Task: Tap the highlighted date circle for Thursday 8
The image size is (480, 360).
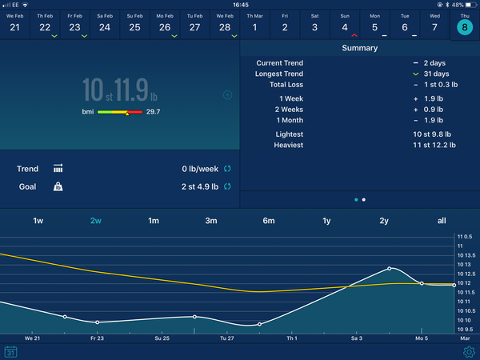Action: point(464,27)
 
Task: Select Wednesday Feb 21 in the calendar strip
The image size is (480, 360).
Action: point(15,22)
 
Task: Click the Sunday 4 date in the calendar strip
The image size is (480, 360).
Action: point(344,22)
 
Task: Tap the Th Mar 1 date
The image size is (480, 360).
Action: point(254,22)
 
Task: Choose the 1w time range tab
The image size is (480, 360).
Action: point(38,221)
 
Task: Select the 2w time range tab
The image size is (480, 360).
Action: point(96,221)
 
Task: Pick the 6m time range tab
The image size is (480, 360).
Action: point(269,221)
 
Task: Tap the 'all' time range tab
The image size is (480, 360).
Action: point(442,221)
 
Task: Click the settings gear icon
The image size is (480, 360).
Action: point(469,351)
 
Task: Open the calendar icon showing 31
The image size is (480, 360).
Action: point(11,351)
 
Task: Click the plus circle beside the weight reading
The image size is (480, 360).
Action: point(227,95)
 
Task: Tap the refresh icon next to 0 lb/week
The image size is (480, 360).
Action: point(227,169)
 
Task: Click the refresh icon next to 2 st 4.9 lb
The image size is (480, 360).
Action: point(227,186)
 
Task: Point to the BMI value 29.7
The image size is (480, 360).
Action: point(153,112)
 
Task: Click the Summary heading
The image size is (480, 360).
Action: point(360,48)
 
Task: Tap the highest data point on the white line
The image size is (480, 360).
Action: point(390,268)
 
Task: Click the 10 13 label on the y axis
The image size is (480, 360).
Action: point(466,264)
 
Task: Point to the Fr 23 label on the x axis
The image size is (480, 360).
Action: point(97,338)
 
